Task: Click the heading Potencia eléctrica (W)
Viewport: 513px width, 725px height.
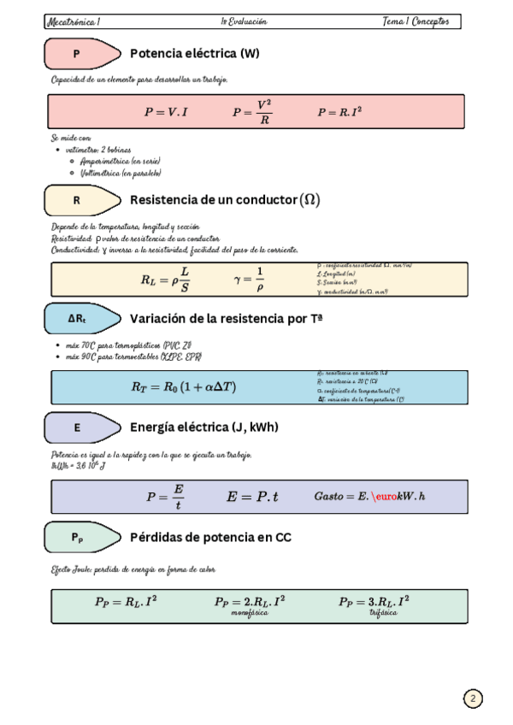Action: click(x=195, y=54)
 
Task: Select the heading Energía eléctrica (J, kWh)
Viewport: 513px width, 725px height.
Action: click(x=204, y=427)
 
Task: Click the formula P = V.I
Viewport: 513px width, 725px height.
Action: click(x=167, y=112)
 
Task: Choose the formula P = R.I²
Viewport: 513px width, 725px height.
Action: click(x=339, y=112)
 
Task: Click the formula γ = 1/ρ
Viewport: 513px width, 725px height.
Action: click(x=249, y=279)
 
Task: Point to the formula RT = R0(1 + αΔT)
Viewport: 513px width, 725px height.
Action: click(x=184, y=386)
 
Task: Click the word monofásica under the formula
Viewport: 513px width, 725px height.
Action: click(x=250, y=613)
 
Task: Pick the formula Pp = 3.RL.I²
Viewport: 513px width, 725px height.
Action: click(x=374, y=602)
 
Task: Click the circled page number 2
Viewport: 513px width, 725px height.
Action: click(x=473, y=698)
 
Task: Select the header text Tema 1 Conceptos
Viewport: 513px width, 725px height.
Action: click(x=416, y=21)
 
